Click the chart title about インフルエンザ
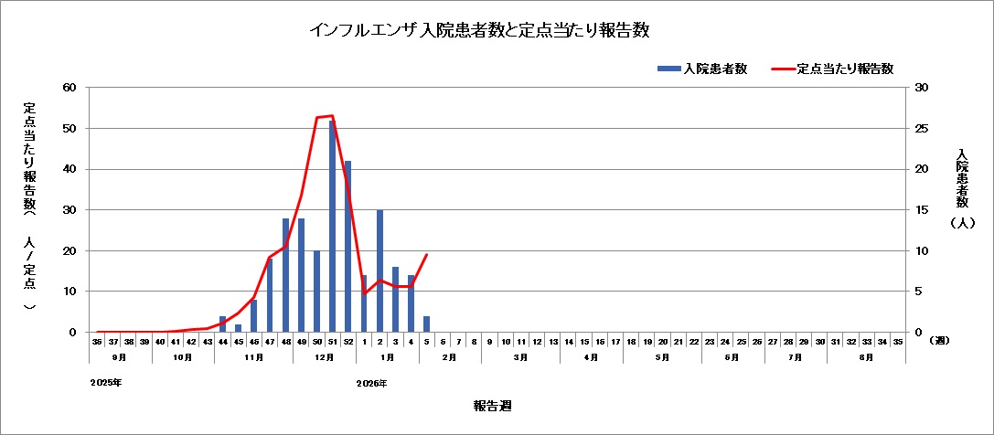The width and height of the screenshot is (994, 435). point(479,30)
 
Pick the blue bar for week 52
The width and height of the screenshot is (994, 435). point(347,247)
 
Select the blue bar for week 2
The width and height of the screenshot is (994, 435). point(379,271)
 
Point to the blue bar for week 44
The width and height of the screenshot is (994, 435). point(222,324)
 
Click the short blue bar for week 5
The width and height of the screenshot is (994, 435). point(426,324)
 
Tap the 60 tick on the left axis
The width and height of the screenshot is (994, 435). point(69,88)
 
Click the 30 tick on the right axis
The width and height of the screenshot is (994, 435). point(922,88)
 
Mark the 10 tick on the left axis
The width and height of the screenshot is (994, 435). point(69,292)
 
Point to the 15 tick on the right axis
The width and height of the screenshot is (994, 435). point(922,210)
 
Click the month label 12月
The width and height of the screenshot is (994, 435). point(325,357)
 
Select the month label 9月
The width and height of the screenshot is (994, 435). point(121,357)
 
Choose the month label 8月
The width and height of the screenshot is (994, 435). point(866,357)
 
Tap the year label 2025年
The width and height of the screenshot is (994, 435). point(106,383)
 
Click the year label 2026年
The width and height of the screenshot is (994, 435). point(372,383)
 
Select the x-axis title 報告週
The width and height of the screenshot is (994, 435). point(486,404)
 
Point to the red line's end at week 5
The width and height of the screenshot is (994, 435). point(426,255)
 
